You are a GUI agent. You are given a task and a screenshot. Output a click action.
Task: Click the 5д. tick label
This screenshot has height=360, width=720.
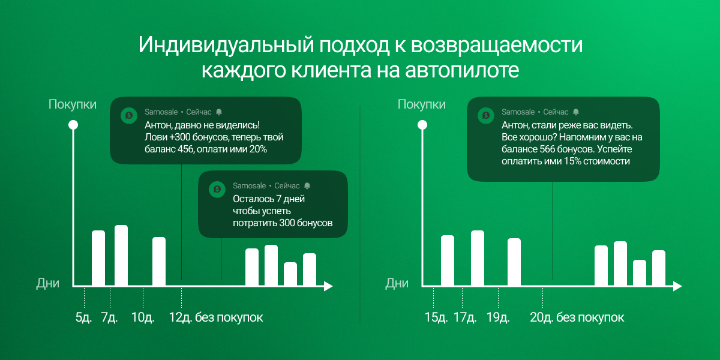[x=83, y=317]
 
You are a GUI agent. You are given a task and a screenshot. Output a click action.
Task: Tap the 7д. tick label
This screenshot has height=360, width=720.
[x=109, y=317]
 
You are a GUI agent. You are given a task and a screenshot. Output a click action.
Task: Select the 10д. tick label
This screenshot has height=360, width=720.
[x=143, y=317]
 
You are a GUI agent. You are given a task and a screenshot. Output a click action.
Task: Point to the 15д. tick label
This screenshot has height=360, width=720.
[x=436, y=317]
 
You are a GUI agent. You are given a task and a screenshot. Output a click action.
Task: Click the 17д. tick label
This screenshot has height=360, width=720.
[x=465, y=317]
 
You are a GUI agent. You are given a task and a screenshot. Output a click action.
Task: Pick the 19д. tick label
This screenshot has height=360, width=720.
[x=498, y=317]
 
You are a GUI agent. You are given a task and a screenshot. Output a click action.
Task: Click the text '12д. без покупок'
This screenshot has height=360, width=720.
[x=216, y=317]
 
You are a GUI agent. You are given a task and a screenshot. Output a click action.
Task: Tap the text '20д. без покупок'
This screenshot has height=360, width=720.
[x=577, y=317]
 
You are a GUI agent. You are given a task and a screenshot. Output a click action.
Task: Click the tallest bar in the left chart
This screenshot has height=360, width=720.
[x=121, y=255]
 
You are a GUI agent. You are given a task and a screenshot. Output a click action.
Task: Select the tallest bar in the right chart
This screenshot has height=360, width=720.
[x=478, y=258]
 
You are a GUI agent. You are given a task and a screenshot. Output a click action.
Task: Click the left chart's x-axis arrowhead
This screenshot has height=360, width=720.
[x=328, y=286]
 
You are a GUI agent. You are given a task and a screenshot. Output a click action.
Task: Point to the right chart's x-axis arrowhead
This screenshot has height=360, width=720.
[x=677, y=286]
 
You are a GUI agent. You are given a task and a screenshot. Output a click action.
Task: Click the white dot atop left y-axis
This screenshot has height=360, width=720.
[x=73, y=125]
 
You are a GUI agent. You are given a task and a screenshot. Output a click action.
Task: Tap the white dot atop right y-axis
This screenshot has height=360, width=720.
[x=422, y=125]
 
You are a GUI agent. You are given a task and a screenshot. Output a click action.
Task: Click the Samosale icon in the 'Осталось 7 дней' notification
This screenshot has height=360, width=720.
[x=217, y=190]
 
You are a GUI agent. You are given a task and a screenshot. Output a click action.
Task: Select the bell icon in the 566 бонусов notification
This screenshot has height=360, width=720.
[x=576, y=112]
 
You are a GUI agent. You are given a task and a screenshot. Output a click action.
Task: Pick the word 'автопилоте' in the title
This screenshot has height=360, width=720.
[x=462, y=70]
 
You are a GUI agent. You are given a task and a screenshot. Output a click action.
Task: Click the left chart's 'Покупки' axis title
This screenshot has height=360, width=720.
[x=73, y=104]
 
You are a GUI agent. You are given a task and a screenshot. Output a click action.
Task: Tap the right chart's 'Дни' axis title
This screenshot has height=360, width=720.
[x=397, y=283]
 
